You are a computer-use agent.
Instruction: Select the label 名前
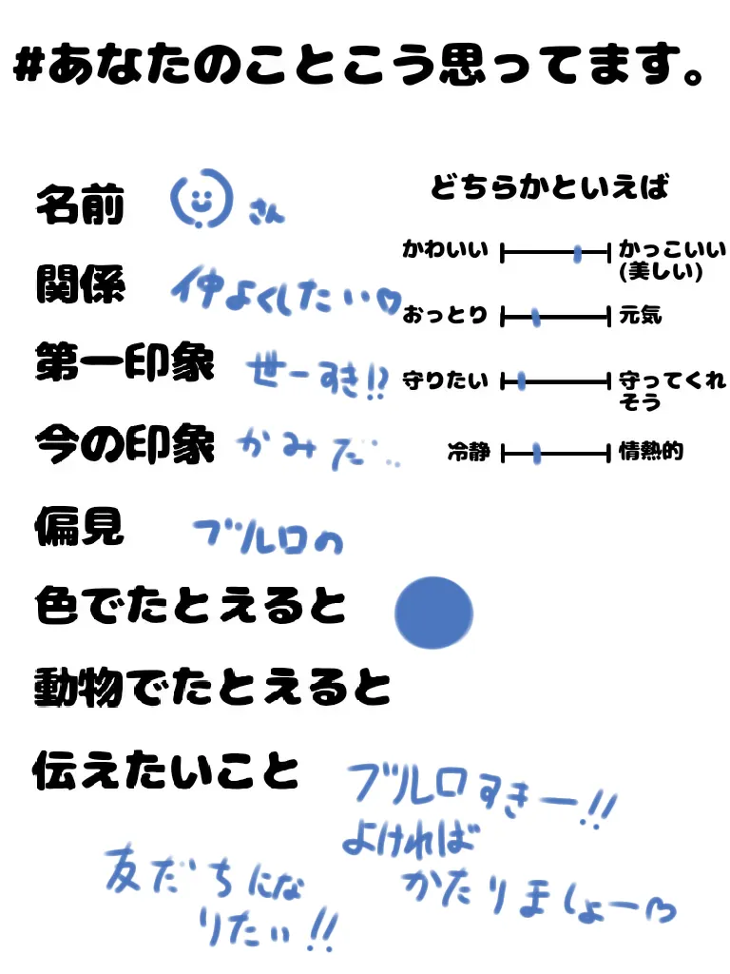point(80,205)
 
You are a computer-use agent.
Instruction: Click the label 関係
point(80,282)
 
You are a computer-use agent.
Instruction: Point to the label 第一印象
point(125,362)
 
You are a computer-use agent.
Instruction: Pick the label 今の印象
point(125,442)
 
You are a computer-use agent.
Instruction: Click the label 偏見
point(80,525)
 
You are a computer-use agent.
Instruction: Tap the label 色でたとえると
point(190,606)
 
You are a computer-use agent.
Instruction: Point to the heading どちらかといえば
point(549,187)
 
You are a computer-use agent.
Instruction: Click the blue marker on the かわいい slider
point(578,252)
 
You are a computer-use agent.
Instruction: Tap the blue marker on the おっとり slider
point(536,317)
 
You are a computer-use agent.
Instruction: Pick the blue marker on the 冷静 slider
point(537,454)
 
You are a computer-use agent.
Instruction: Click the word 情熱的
point(651,452)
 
